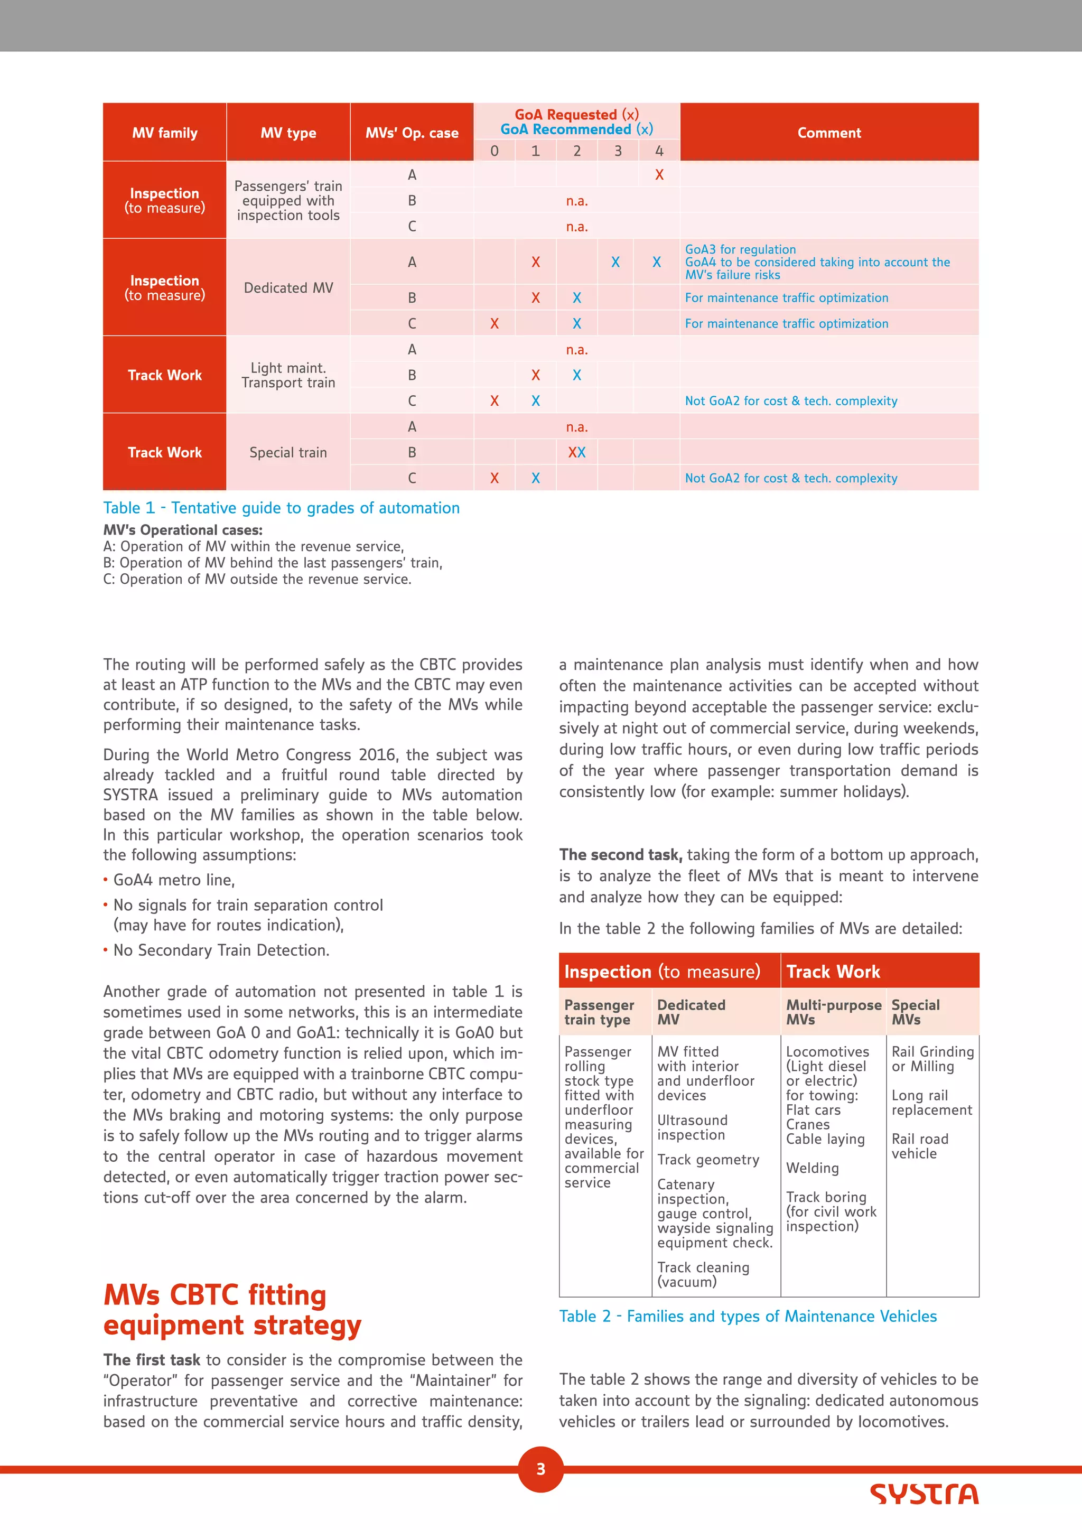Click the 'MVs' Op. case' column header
412,133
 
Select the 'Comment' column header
829,133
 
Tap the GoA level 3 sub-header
618,151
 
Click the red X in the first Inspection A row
659,175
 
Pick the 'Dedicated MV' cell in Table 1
288,288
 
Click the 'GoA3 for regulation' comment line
740,250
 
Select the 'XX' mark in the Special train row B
576,452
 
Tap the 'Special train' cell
288,452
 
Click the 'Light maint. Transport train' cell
288,375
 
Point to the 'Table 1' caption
281,508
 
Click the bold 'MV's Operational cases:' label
183,530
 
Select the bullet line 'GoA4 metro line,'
174,880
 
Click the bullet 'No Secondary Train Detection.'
221,950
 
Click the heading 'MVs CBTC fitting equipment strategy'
232,1310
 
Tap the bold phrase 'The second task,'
620,855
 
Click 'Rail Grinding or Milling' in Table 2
932,1059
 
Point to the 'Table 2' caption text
748,1316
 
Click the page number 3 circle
540,1469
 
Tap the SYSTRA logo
924,1494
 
